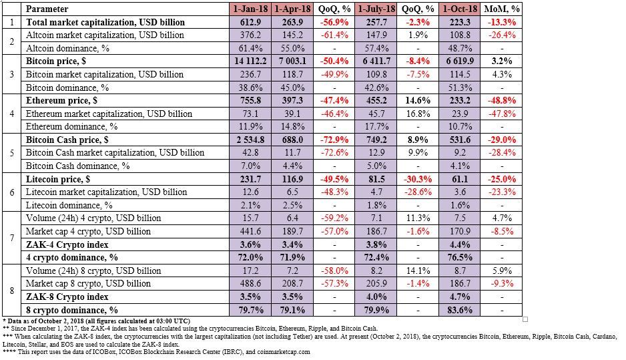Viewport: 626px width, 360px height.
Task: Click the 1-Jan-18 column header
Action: tap(250, 9)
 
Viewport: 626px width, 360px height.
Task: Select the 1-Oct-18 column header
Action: tap(460, 9)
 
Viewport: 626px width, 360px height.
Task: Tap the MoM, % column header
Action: tap(502, 9)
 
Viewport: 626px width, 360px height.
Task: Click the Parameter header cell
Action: tap(47, 9)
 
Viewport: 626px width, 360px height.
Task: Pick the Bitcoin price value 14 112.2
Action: tap(250, 61)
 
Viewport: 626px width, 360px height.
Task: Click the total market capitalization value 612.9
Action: tap(250, 22)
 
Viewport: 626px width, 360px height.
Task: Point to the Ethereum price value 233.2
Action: tap(460, 100)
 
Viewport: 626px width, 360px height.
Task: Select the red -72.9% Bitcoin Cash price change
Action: tap(334, 140)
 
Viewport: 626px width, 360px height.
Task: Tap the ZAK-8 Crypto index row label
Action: tap(67, 297)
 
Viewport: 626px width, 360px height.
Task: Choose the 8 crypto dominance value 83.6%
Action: tap(460, 310)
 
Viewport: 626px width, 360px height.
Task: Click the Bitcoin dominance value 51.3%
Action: tap(460, 87)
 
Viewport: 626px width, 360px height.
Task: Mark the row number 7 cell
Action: tap(11, 238)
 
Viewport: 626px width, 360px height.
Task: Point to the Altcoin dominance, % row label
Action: tap(67, 48)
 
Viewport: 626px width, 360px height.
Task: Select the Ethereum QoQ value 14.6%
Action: tap(418, 100)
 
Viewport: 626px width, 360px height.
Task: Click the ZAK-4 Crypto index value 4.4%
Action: tap(460, 244)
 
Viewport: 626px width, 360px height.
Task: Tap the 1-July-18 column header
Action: tap(376, 9)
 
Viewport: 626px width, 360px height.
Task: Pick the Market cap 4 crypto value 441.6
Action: tap(250, 231)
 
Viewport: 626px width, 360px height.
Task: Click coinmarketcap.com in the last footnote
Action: tap(284, 352)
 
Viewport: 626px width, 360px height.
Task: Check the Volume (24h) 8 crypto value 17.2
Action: tap(250, 271)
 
